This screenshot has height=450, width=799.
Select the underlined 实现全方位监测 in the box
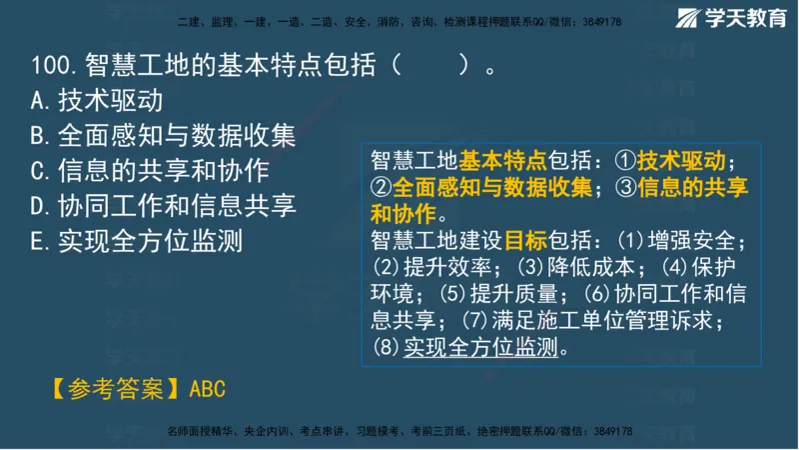[x=480, y=348]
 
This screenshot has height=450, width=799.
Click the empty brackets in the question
[x=428, y=67]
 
